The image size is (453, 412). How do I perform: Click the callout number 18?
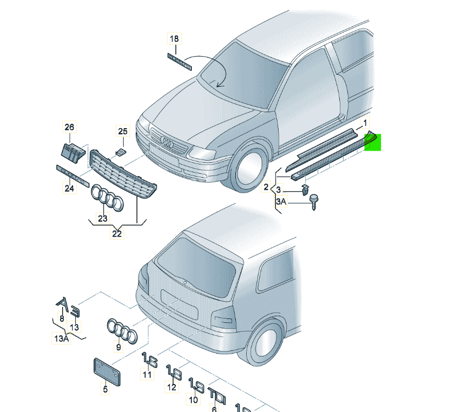pyautogui.click(x=174, y=39)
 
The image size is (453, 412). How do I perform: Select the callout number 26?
pyautogui.click(x=69, y=127)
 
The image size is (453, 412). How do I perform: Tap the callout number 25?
pyautogui.click(x=123, y=131)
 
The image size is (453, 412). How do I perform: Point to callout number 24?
pyautogui.click(x=69, y=189)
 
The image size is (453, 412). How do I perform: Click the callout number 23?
pyautogui.click(x=103, y=218)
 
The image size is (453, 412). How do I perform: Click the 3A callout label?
pyautogui.click(x=281, y=202)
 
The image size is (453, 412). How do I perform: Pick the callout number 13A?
pyautogui.click(x=60, y=339)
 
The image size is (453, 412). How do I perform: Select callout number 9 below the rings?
pyautogui.click(x=118, y=347)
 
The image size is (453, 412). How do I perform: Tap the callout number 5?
pyautogui.click(x=105, y=389)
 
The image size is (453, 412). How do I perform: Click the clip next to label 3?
pyautogui.click(x=303, y=190)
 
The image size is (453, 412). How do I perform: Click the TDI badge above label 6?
pyautogui.click(x=216, y=394)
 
